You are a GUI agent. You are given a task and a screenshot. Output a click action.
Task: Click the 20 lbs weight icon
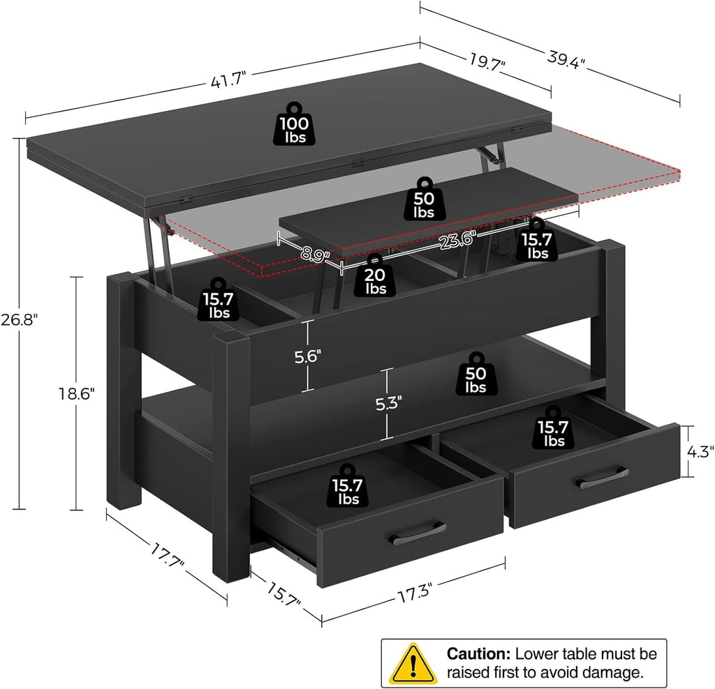coord(375,273)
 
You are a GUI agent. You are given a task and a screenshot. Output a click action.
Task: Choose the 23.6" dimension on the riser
coord(458,239)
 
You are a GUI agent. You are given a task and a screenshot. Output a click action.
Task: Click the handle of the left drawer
coord(416,533)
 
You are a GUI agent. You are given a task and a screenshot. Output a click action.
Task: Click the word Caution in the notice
coord(479,653)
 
